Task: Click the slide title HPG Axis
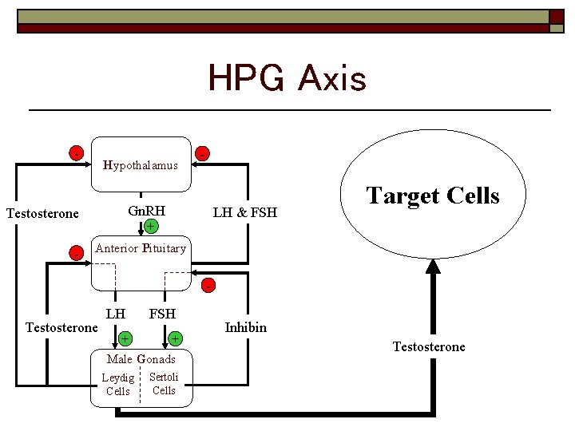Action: coord(287,79)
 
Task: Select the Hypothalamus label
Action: coord(141,165)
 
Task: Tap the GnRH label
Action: coord(147,212)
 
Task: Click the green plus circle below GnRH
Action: coord(150,227)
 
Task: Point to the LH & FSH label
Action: coord(244,212)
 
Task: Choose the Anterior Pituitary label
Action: coord(141,248)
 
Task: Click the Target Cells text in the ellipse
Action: coord(432,196)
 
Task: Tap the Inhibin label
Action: coord(246,327)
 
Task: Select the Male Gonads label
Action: coord(141,359)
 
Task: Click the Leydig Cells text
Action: coord(118,384)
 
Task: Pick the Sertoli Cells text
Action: coord(164,383)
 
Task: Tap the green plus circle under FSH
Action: coord(174,339)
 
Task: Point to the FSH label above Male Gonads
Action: coord(162,314)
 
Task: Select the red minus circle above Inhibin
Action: coord(208,285)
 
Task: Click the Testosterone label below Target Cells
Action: coord(429,346)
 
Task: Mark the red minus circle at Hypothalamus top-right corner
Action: coord(204,152)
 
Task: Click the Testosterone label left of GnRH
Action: coord(42,213)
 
